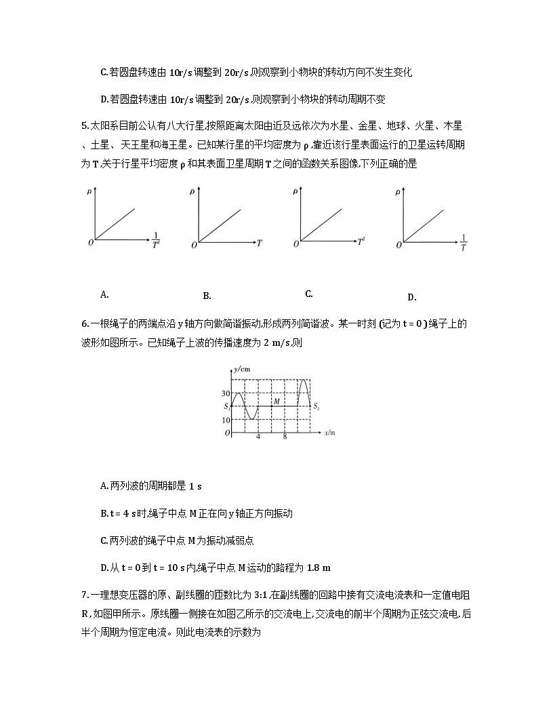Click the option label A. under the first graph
[x=104, y=294]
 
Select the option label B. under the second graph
[x=207, y=296]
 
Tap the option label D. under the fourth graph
[x=411, y=297]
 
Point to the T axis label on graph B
[x=259, y=242]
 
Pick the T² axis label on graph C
[x=361, y=241]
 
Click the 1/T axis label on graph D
[x=463, y=243]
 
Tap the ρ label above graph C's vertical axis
[x=295, y=193]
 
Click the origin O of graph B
[x=194, y=244]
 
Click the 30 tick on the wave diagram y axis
[x=226, y=393]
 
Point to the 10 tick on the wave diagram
[x=226, y=420]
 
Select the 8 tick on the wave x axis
[x=285, y=437]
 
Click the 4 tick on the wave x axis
[x=258, y=437]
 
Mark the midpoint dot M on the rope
[x=271, y=406]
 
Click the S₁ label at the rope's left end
[x=227, y=406]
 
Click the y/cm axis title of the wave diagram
[x=241, y=369]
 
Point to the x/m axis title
[x=331, y=433]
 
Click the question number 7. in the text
[x=85, y=595]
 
